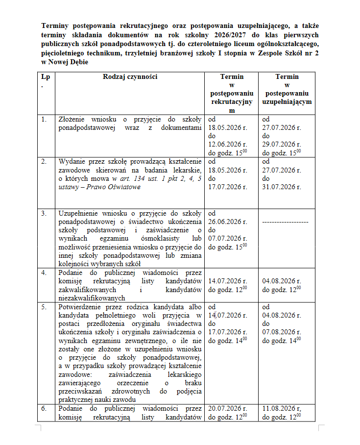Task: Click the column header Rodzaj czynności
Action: [130, 77]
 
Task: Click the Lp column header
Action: [46, 77]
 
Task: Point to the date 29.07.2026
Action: [281, 144]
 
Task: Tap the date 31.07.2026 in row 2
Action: [281, 187]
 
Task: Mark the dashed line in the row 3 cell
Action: [286, 222]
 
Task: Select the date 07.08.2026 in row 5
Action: [281, 332]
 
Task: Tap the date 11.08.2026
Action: [282, 408]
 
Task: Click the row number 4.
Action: [45, 272]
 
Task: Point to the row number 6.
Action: [45, 408]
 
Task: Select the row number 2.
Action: [45, 161]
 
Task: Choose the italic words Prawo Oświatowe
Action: [115, 187]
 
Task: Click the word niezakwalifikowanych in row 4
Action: [92, 297]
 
